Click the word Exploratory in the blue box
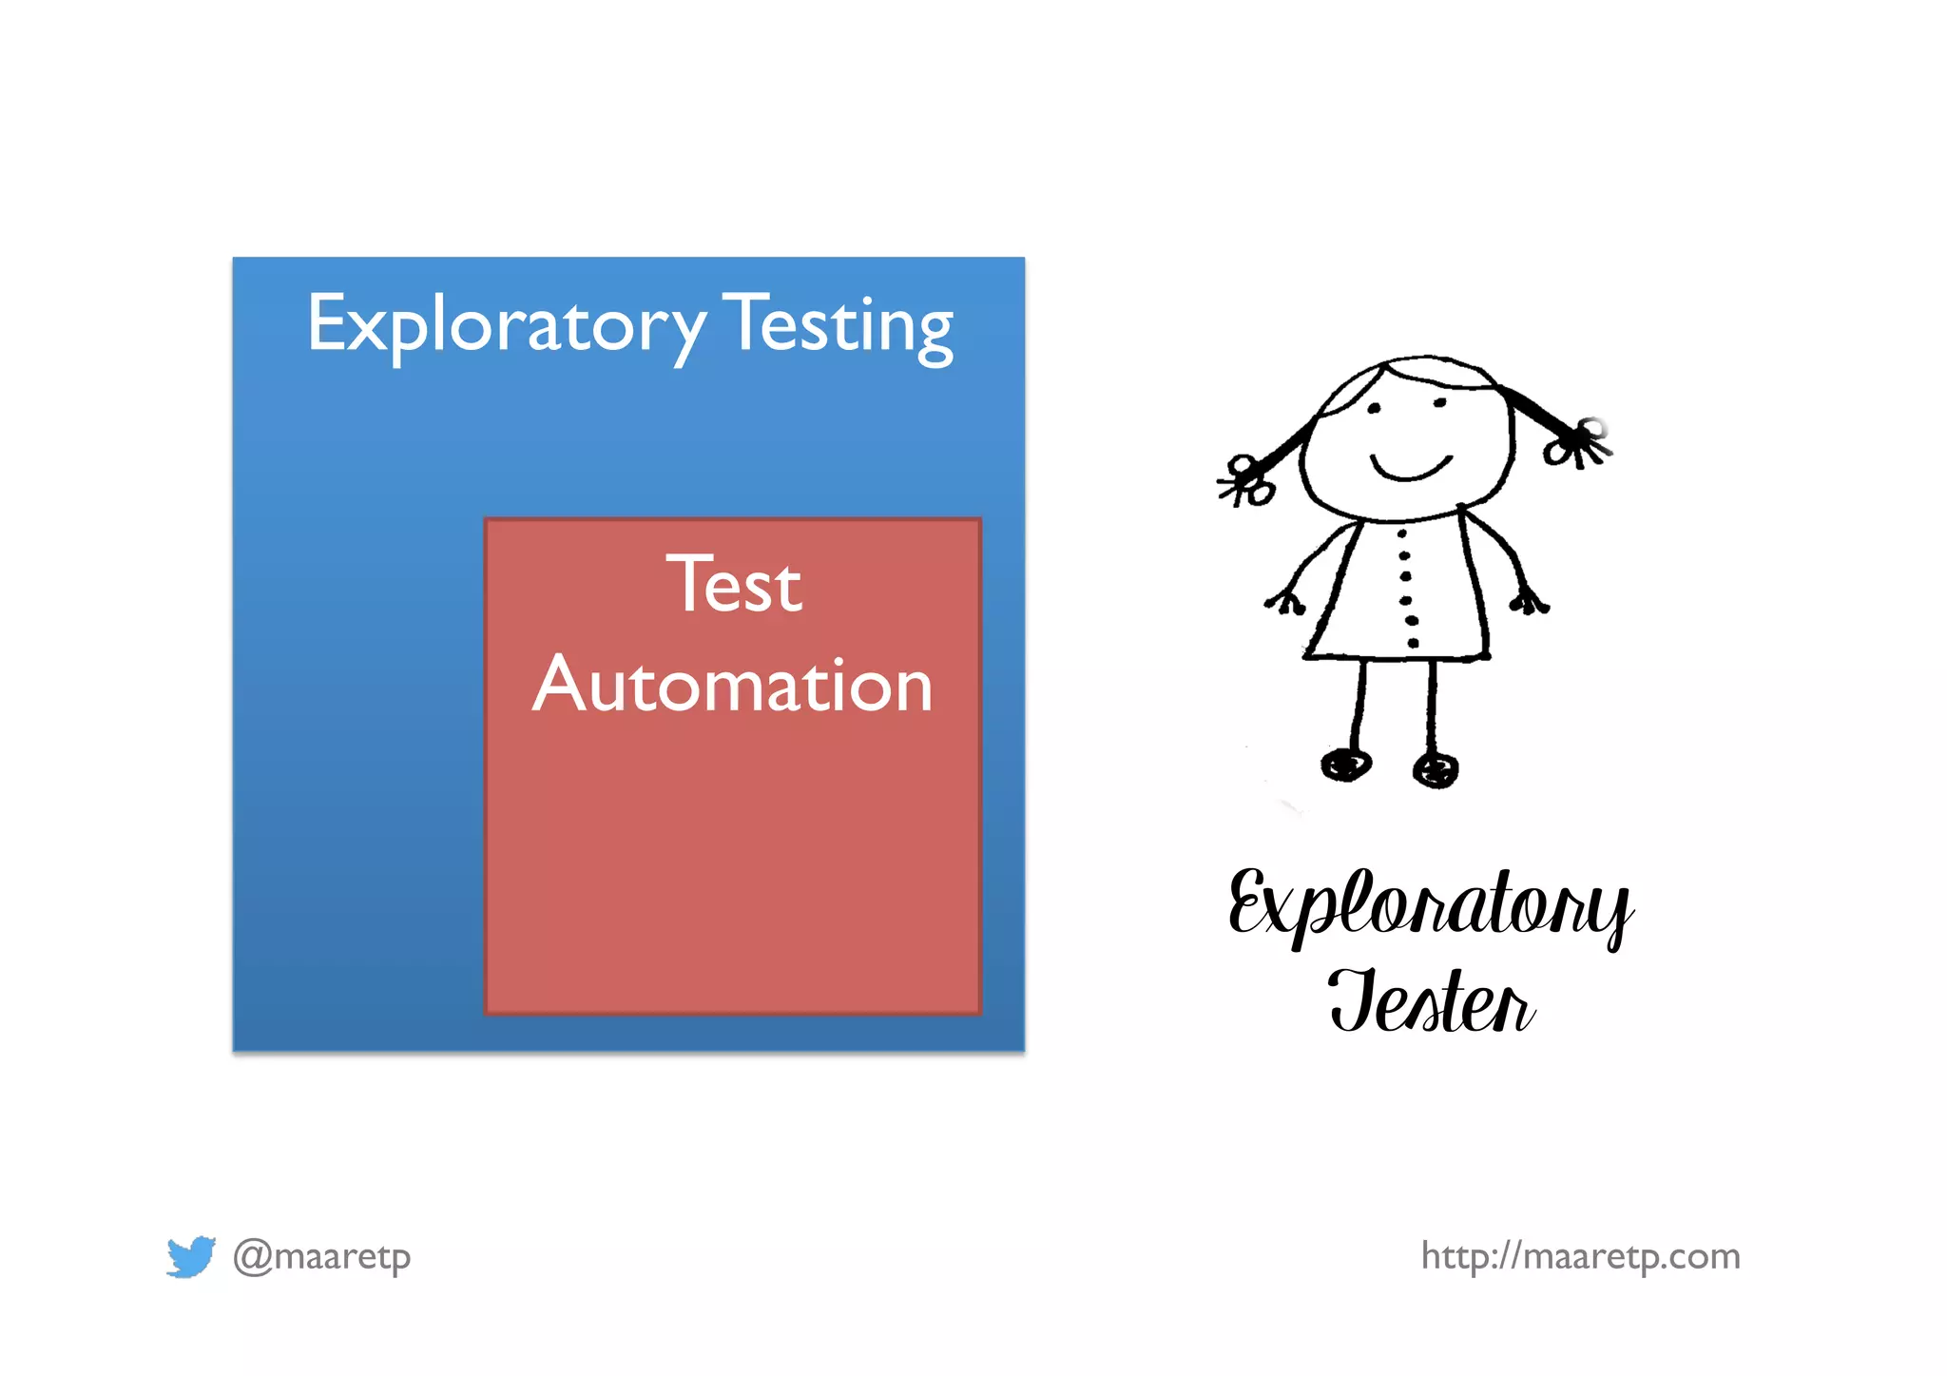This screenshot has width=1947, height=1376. [506, 326]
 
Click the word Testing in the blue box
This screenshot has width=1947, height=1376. [839, 326]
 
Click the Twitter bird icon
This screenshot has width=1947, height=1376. [190, 1256]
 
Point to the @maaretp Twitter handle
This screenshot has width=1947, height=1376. [322, 1256]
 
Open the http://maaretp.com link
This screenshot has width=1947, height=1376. [1580, 1256]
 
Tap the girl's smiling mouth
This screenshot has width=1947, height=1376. [1411, 468]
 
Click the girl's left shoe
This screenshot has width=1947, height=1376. [1346, 764]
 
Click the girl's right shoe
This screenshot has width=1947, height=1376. [1436, 768]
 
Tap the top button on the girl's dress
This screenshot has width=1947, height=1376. [1402, 534]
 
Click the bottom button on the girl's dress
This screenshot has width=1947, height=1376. [1413, 643]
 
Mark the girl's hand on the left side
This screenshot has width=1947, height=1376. [1286, 602]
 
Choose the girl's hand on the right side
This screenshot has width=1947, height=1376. [1529, 601]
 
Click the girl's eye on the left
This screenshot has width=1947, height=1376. [1374, 409]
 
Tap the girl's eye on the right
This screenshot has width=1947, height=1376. [1440, 403]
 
